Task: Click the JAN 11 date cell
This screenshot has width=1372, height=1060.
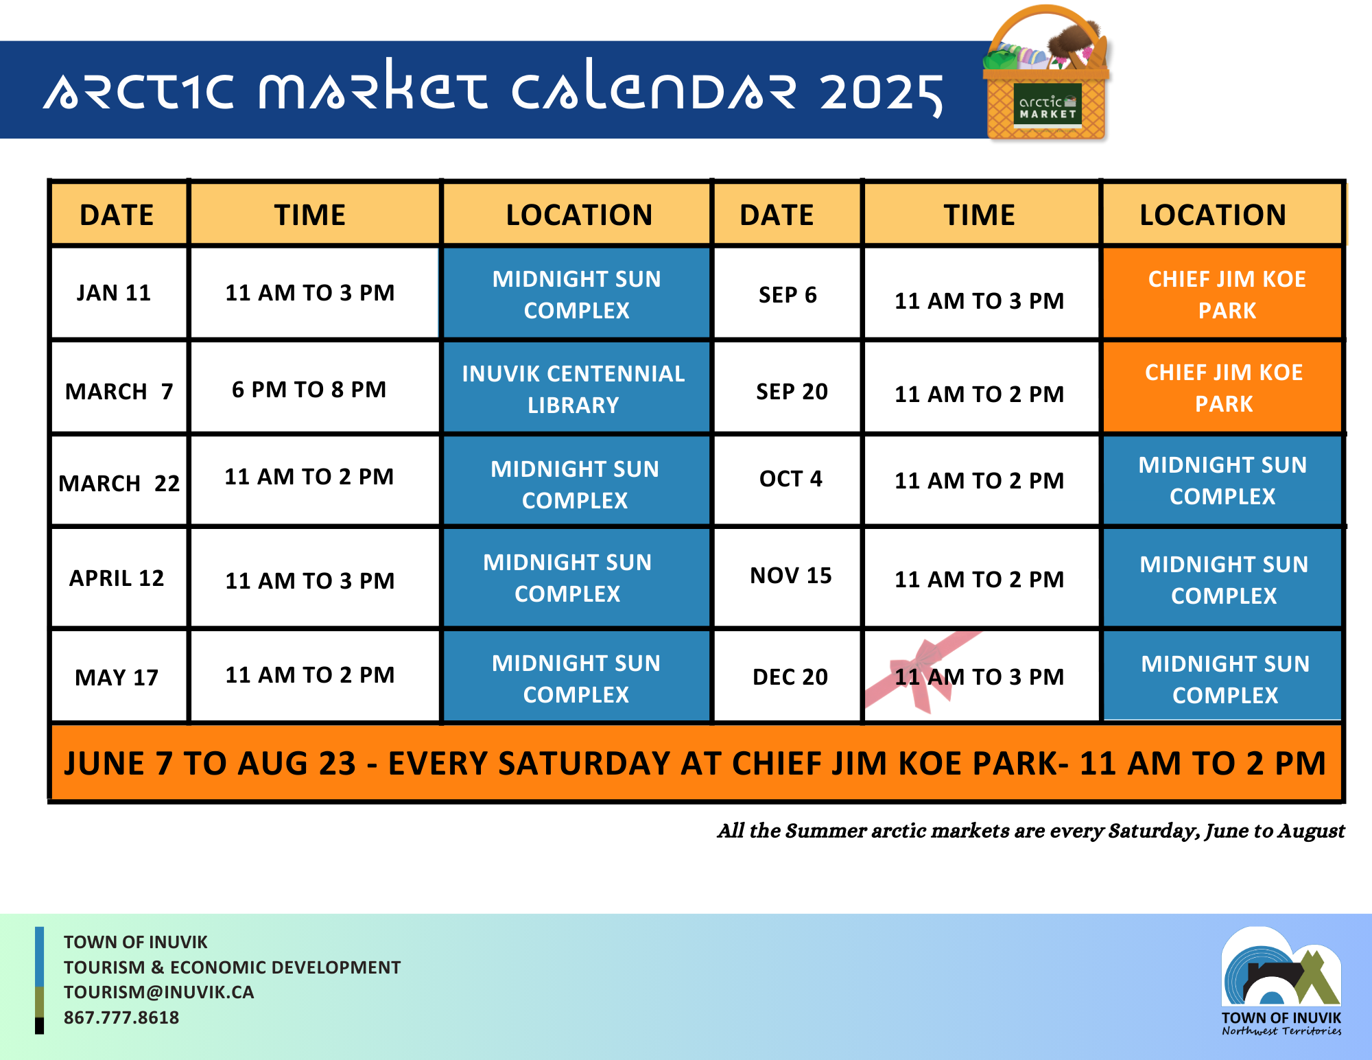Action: click(119, 293)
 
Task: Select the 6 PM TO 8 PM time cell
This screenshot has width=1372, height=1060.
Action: click(315, 389)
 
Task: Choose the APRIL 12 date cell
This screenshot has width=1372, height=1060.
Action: click(119, 578)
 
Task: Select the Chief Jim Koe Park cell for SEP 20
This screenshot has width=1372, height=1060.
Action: click(1222, 388)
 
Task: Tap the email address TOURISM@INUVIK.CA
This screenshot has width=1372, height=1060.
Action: click(158, 992)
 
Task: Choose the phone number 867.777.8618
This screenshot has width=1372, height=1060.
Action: click(121, 1017)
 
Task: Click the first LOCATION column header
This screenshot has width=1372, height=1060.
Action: click(579, 215)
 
